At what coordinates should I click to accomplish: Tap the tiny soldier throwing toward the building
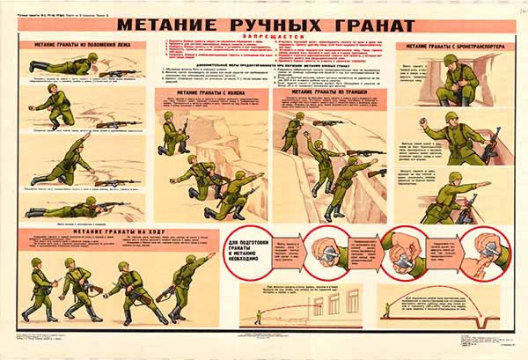258,315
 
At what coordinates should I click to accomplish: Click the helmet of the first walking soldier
37,261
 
